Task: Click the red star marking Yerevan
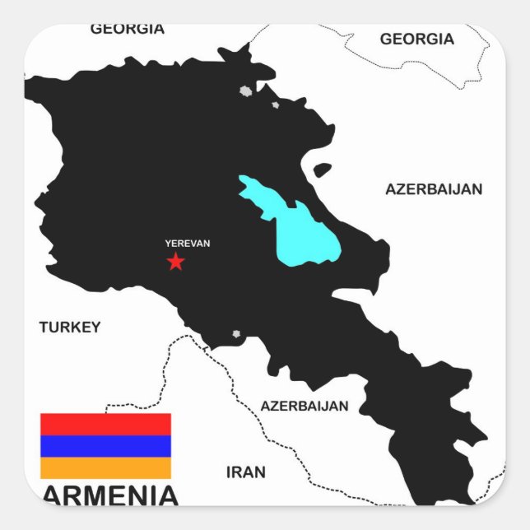(175, 262)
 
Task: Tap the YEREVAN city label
(187, 244)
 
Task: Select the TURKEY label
(70, 327)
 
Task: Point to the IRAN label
(246, 472)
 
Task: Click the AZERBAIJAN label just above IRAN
(305, 406)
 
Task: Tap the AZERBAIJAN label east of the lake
(434, 189)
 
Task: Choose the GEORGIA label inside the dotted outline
(416, 39)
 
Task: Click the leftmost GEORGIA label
(128, 29)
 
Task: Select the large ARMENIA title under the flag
(109, 495)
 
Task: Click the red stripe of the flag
(105, 424)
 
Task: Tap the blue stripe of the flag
(105, 446)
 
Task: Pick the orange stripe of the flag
(105, 468)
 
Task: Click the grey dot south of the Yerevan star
(237, 334)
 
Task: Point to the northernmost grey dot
(244, 91)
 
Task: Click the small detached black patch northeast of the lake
(323, 170)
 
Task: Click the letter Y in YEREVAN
(168, 244)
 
